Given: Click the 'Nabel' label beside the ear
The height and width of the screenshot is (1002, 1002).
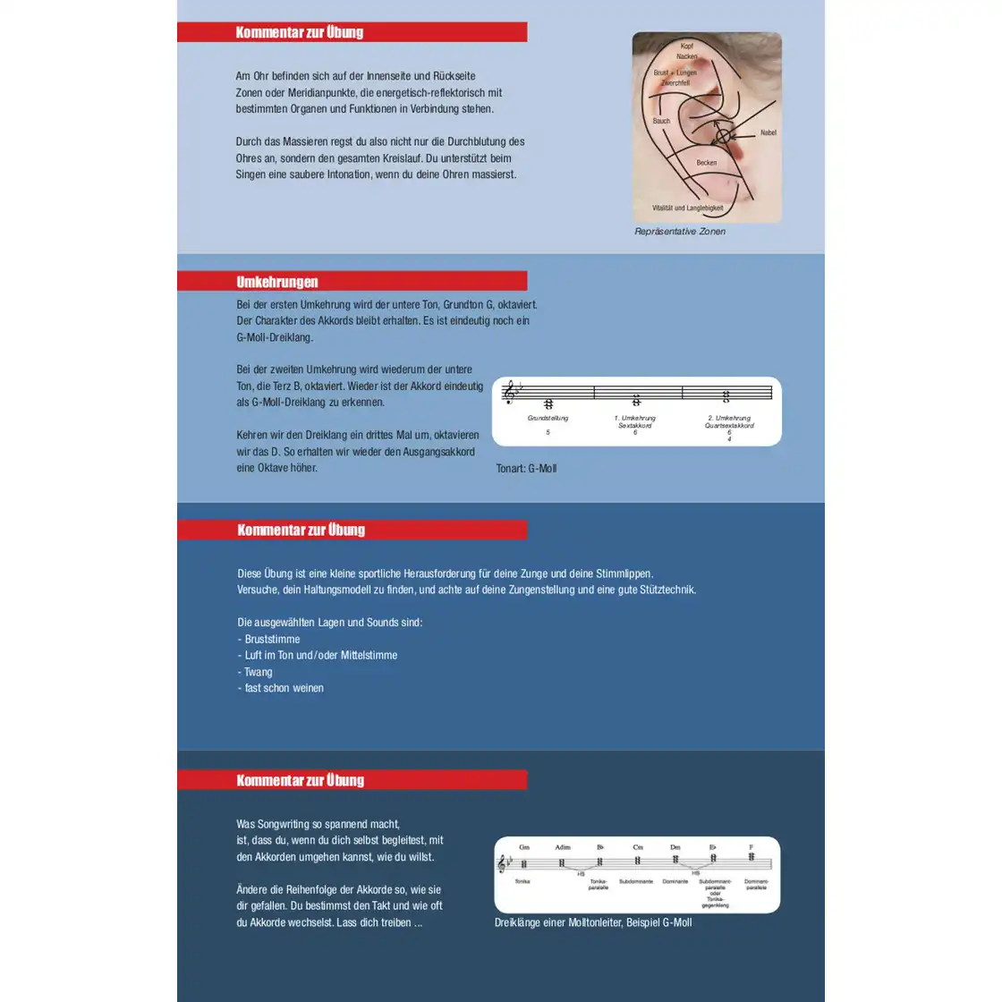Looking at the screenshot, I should (768, 132).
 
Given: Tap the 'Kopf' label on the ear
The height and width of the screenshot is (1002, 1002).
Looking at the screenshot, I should (686, 46).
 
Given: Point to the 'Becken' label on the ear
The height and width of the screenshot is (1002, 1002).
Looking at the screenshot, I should (706, 163).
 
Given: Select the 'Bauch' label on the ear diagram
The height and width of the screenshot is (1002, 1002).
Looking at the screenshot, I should (661, 121).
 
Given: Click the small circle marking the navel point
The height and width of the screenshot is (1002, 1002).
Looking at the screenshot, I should (723, 137).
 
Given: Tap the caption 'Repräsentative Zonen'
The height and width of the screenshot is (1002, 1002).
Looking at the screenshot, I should (680, 232).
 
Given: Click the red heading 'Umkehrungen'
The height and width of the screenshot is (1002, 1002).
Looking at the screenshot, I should (277, 282).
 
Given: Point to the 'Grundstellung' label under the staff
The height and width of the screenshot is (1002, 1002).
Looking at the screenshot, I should (548, 418).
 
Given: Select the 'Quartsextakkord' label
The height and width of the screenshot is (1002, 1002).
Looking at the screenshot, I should (729, 426).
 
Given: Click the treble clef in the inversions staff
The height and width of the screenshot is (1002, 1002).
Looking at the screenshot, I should (509, 392).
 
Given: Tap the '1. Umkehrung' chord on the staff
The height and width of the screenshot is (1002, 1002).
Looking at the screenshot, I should (636, 400).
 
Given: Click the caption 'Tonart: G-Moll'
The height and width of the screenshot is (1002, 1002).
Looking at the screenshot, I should (526, 469).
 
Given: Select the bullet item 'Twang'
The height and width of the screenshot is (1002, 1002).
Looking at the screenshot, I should (258, 672).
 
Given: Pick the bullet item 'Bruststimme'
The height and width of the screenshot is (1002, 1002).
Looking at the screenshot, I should (272, 639).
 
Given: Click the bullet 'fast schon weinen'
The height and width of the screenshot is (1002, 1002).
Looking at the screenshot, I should (284, 688).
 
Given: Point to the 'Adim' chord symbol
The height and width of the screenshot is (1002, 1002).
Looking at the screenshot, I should (562, 847).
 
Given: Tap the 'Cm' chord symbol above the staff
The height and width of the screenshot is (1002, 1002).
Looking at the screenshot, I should (637, 847).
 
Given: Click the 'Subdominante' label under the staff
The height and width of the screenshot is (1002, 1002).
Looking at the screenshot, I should (636, 881).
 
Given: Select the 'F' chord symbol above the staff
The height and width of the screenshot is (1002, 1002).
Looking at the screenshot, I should (751, 847).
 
